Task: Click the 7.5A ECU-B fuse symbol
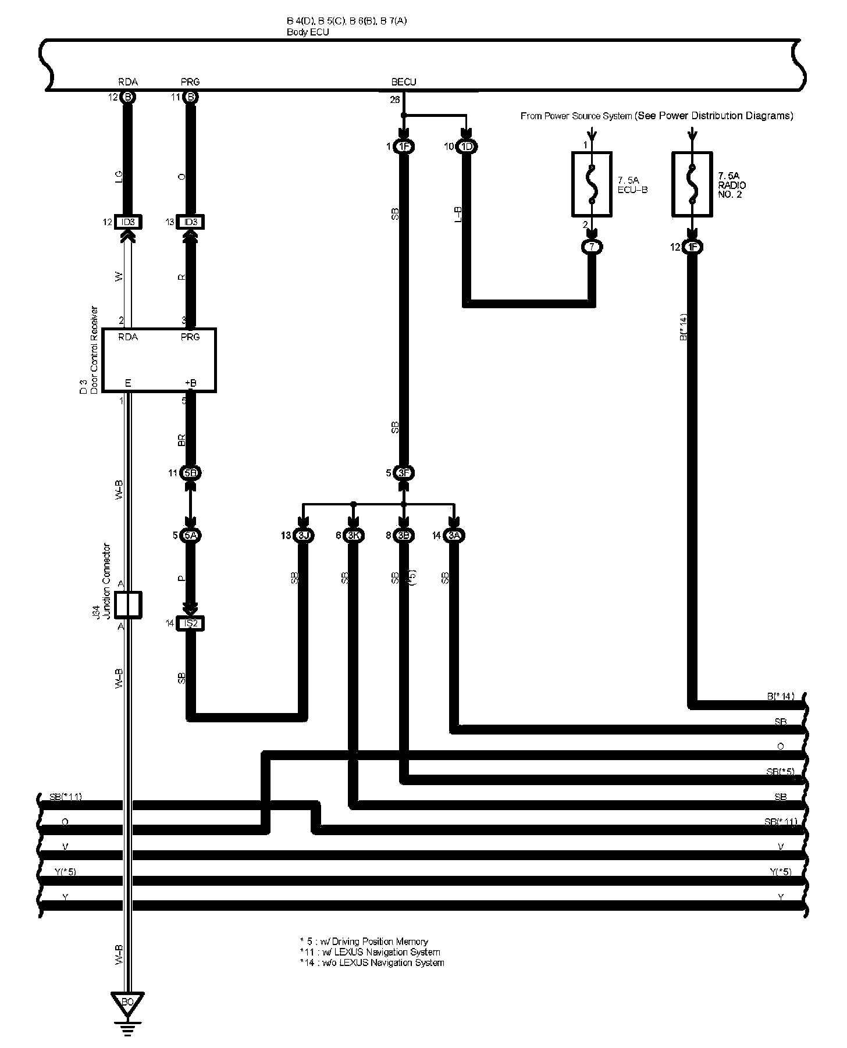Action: click(x=592, y=184)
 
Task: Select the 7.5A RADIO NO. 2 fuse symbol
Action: click(x=692, y=184)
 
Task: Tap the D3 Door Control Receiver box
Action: click(x=159, y=360)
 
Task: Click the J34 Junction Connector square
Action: click(x=128, y=605)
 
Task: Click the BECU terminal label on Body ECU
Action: click(x=404, y=82)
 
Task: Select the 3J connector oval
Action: click(x=302, y=536)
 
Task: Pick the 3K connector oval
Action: click(x=353, y=536)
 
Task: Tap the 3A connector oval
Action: click(x=454, y=536)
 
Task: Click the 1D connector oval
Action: click(x=467, y=147)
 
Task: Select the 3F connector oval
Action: click(x=404, y=473)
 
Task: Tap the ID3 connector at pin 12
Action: click(x=128, y=222)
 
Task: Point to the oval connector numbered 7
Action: click(x=592, y=247)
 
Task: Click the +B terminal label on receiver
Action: click(x=190, y=383)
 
